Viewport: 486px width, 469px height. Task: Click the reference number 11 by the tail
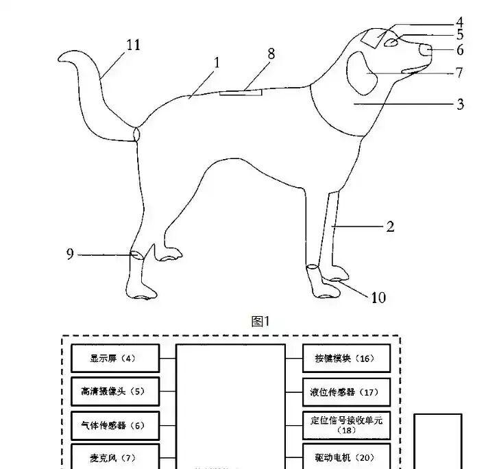(133, 45)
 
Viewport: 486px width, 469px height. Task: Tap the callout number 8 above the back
(271, 55)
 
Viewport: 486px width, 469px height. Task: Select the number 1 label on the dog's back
(217, 62)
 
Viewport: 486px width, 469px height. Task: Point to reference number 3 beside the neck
(461, 104)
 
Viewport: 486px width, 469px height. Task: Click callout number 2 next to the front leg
(390, 226)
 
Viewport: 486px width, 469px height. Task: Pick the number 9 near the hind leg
(70, 254)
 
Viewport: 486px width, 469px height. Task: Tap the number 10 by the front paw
(378, 297)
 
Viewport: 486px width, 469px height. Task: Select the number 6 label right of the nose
(460, 49)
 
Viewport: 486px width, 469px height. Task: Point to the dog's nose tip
(425, 50)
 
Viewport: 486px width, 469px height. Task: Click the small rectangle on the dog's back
(241, 91)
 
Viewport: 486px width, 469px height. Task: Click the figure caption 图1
(261, 321)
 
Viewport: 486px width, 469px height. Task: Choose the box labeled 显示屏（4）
(115, 358)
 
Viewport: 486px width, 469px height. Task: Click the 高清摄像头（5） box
(115, 392)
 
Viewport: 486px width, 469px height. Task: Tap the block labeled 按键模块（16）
(347, 358)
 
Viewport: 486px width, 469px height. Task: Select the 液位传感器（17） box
(347, 392)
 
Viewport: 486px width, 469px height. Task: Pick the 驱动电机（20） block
(347, 457)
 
